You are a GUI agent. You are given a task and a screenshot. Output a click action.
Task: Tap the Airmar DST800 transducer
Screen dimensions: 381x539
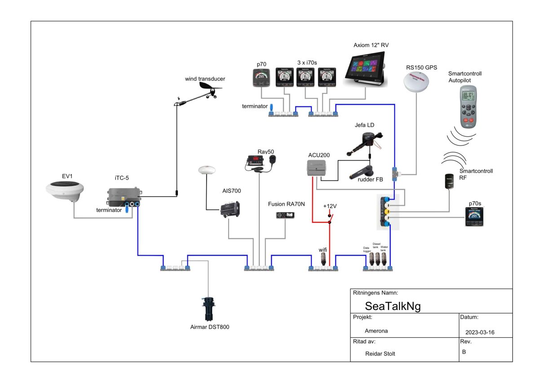click(x=209, y=308)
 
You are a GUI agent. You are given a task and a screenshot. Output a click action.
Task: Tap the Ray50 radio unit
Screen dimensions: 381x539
click(x=256, y=164)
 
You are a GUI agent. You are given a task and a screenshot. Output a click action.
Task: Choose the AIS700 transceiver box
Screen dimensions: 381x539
click(x=230, y=209)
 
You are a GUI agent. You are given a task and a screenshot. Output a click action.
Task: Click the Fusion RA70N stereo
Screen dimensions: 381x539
click(x=286, y=215)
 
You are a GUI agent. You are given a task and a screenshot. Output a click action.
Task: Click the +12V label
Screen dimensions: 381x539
click(x=330, y=206)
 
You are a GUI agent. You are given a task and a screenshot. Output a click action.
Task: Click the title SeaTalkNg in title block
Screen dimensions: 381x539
click(x=393, y=306)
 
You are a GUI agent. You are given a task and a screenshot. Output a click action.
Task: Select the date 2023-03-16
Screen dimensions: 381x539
click(x=481, y=332)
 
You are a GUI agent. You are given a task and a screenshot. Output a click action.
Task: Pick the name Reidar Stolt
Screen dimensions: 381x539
click(x=380, y=353)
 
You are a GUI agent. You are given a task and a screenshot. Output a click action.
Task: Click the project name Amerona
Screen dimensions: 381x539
click(x=376, y=331)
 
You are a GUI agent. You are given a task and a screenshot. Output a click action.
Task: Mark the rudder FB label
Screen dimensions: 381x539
click(x=371, y=180)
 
